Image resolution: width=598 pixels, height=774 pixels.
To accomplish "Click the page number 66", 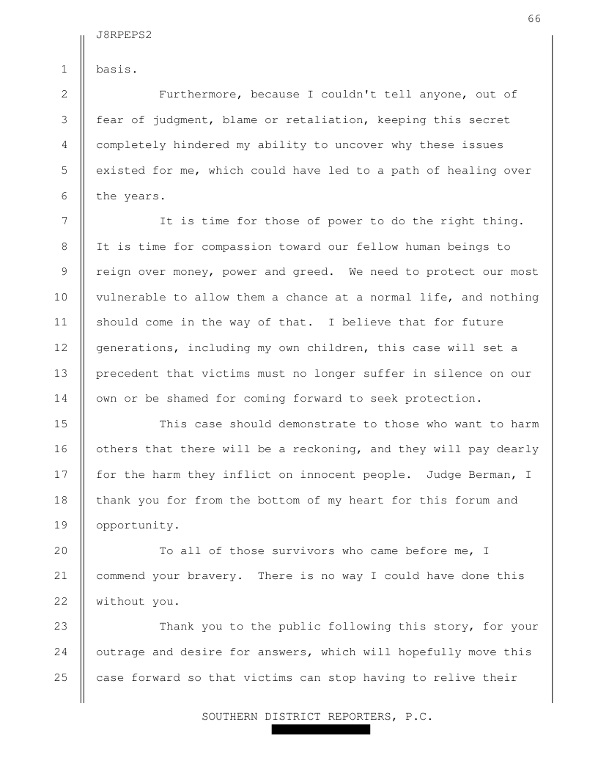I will pos(534,19).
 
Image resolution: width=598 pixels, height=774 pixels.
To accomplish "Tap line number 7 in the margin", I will pos(64,221).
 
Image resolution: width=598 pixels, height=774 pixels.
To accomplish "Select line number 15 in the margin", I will pos(61,424).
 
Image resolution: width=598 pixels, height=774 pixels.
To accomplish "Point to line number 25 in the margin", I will pos(61,677).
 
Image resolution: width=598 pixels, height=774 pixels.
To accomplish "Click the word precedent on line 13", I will pos(128,373).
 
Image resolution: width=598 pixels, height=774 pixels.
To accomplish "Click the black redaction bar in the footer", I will pos(321,730).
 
